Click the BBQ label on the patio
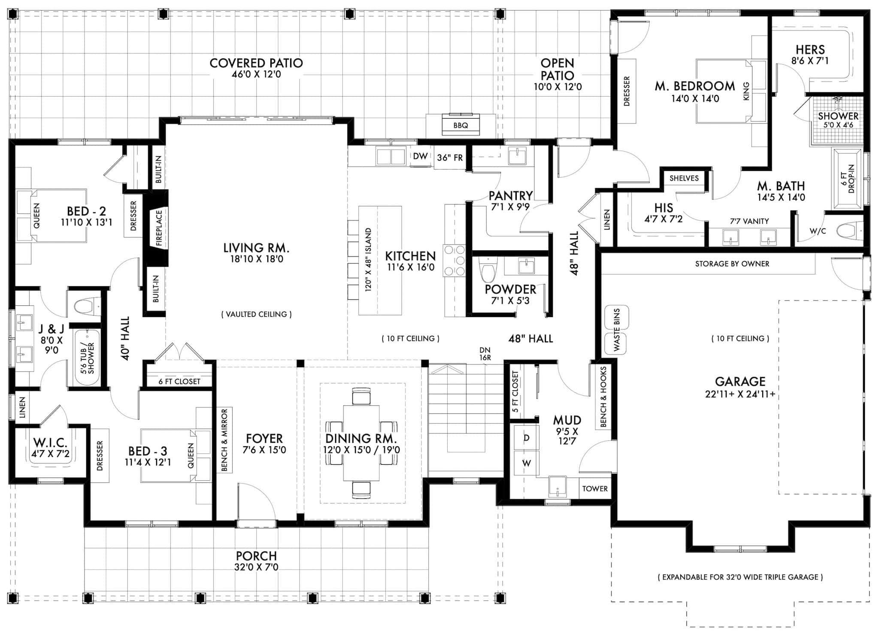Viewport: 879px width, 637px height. (461, 125)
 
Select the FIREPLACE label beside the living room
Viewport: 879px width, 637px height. (159, 228)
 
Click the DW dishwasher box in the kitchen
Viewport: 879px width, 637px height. (420, 156)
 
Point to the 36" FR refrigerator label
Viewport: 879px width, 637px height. (450, 158)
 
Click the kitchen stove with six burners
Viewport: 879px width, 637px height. (455, 260)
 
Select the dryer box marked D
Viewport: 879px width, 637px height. (526, 438)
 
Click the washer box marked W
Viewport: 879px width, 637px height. (526, 463)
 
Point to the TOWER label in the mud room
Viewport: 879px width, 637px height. (594, 489)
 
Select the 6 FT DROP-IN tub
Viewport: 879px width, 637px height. (848, 178)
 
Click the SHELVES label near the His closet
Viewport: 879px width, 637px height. (684, 178)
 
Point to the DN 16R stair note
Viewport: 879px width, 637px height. (485, 354)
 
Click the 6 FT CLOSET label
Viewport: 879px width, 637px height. (179, 381)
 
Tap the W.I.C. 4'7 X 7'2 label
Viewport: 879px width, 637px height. (50, 447)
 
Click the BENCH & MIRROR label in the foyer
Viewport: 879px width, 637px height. (224, 440)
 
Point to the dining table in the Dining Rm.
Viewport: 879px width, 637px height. (361, 443)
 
